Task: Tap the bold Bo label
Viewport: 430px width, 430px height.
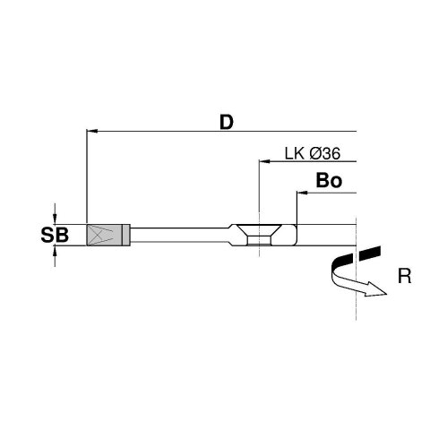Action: coord(329,181)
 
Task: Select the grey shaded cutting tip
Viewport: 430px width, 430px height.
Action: coord(104,235)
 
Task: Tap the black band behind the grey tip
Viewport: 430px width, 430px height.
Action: coord(128,235)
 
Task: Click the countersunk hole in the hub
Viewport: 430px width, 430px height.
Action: coord(259,235)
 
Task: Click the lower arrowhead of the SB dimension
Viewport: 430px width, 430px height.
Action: coord(56,254)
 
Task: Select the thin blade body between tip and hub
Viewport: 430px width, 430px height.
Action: coord(179,235)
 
